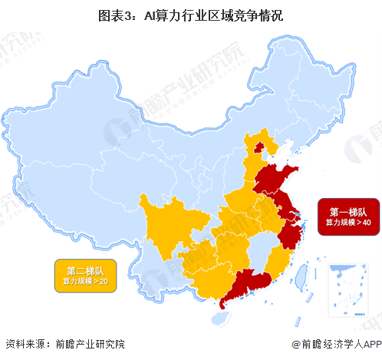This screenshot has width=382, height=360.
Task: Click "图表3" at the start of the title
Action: coord(114,14)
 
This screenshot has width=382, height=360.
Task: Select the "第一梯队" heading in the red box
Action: coord(350,210)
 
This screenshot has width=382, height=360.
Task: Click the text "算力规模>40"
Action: coord(350,223)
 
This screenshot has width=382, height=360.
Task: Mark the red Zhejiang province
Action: coord(289,232)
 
